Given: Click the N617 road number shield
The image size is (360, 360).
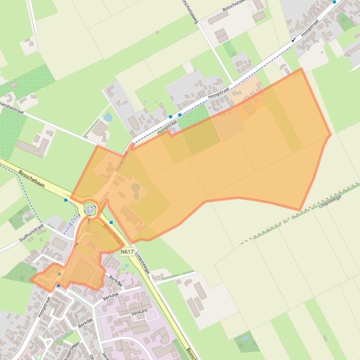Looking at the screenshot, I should (x=127, y=252).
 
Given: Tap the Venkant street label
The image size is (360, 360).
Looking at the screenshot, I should (x=140, y=310).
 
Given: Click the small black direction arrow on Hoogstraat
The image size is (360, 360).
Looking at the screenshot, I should (x=293, y=40).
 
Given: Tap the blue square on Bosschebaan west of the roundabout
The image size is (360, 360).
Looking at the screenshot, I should (x=66, y=200).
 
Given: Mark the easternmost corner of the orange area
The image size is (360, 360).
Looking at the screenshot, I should (x=331, y=136).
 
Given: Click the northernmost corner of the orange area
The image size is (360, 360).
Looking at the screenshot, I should (x=301, y=68).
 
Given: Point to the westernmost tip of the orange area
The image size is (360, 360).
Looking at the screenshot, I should (x=31, y=280).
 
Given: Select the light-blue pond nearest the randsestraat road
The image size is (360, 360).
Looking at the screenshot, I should (x=108, y=117).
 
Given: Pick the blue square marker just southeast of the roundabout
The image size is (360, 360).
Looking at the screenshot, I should (x=111, y=222).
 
